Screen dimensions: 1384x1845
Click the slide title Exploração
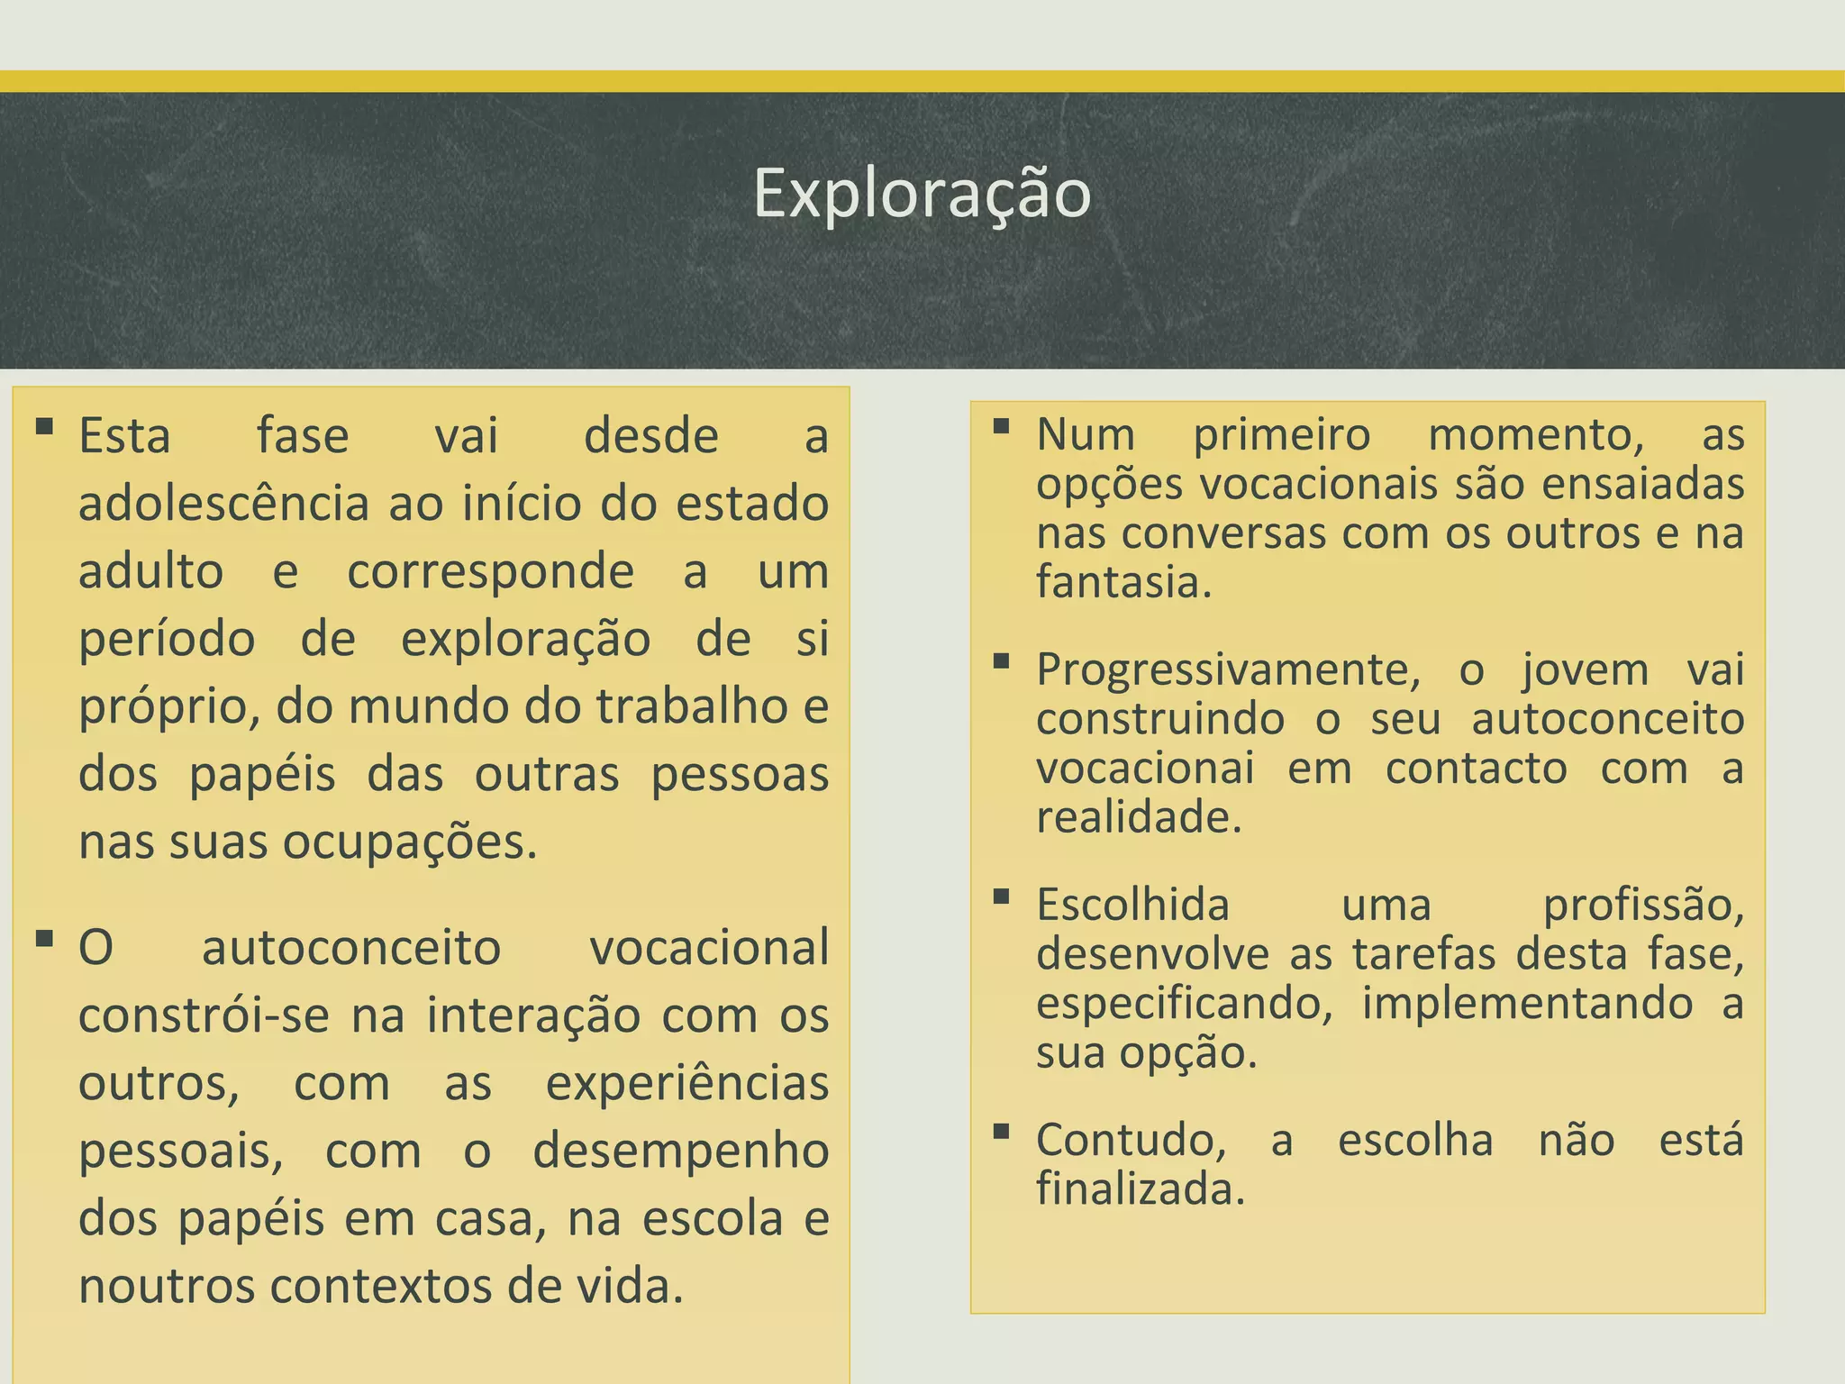[x=922, y=193]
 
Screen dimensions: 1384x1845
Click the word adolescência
[x=223, y=504]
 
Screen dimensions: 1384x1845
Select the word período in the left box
[x=167, y=641]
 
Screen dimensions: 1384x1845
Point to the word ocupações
[x=410, y=843]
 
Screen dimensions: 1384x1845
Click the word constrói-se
[x=204, y=1015]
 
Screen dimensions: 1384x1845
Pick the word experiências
[x=686, y=1083]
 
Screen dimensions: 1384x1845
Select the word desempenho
[x=680, y=1152]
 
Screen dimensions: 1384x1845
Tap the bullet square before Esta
[x=44, y=425]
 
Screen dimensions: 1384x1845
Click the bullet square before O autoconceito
[x=44, y=938]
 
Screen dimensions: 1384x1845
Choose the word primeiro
[x=1281, y=435]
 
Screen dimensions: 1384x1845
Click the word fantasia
[x=1123, y=582]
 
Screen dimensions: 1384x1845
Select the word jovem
[x=1586, y=670]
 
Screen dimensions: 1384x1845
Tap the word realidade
[x=1139, y=817]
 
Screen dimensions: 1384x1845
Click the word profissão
[x=1643, y=906]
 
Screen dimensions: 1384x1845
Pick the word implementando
[x=1527, y=1004]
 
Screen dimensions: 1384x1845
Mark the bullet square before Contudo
[x=1001, y=1131]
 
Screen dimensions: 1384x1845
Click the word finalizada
[x=1140, y=1189]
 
